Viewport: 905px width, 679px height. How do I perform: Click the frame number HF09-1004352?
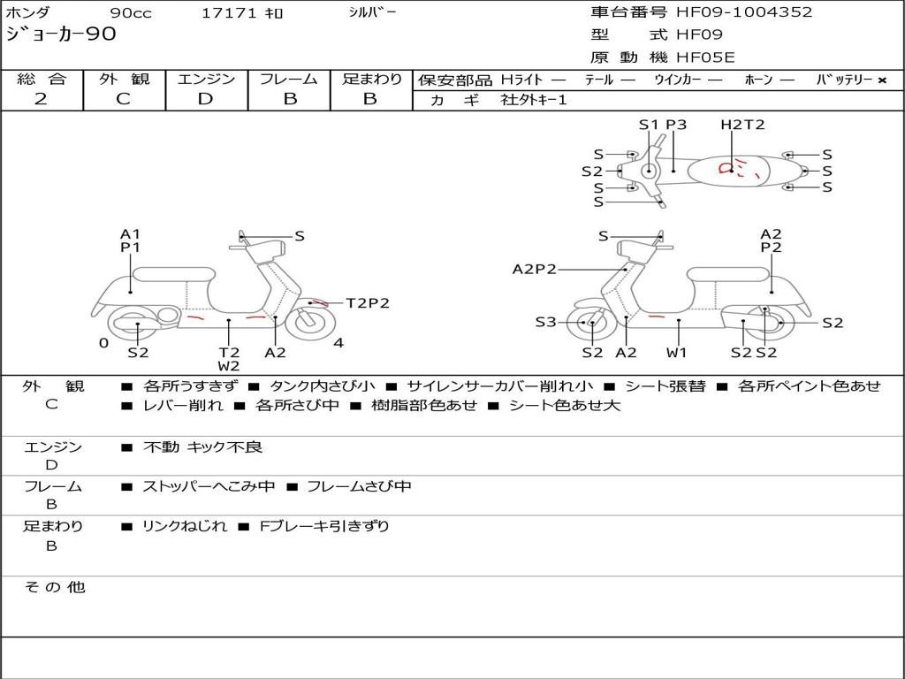click(x=744, y=12)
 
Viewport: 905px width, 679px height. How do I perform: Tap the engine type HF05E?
click(x=705, y=57)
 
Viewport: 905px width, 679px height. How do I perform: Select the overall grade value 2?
click(x=41, y=99)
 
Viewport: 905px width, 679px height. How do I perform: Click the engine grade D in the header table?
click(x=205, y=99)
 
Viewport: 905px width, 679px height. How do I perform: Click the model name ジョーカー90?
click(x=61, y=34)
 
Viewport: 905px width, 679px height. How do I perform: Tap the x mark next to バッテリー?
click(x=882, y=80)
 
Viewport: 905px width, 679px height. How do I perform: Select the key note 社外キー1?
click(x=534, y=100)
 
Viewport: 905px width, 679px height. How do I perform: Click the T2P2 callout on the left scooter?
click(x=368, y=303)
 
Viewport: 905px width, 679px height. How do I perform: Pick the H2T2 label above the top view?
click(x=742, y=125)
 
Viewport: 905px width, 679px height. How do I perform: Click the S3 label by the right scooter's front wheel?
click(x=545, y=322)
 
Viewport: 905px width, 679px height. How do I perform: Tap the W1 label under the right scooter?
click(x=676, y=352)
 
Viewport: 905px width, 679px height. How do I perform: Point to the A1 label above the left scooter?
click(x=131, y=233)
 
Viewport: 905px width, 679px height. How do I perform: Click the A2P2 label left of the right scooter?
click(x=535, y=269)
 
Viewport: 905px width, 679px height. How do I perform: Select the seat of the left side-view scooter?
click(x=174, y=274)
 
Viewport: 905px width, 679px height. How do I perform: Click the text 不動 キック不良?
click(x=202, y=447)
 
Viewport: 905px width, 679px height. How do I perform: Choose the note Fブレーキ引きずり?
click(x=324, y=527)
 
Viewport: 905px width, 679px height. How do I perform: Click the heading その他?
click(x=55, y=587)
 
